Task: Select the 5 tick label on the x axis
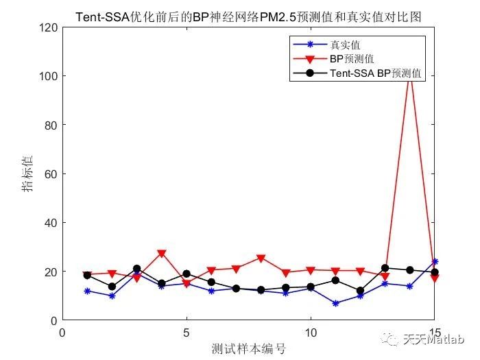[x=187, y=333]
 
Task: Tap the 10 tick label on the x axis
[x=310, y=333]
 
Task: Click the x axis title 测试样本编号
[x=248, y=348]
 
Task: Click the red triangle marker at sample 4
[x=162, y=254]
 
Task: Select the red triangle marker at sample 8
[x=261, y=259]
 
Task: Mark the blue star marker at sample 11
[x=335, y=303]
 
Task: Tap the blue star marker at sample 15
[x=434, y=261]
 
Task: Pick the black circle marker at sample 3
[x=137, y=269]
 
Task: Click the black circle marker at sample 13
[x=385, y=268]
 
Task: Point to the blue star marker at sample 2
[x=112, y=296]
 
